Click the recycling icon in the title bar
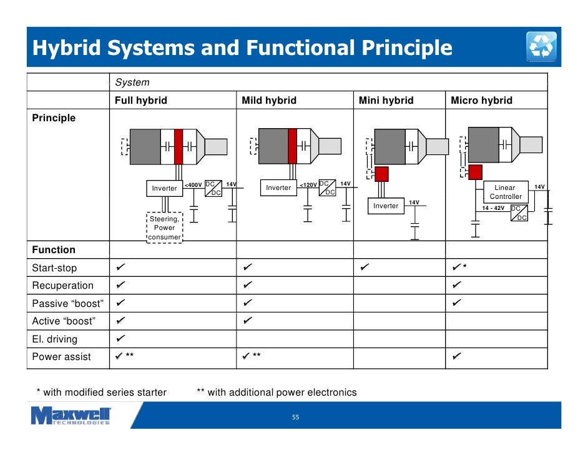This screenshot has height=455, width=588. click(x=541, y=46)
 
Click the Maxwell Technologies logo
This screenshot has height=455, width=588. click(x=71, y=415)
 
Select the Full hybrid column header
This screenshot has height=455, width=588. click(x=140, y=101)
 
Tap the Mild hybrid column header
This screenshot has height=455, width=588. click(x=268, y=101)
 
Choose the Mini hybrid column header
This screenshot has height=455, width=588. click(x=386, y=101)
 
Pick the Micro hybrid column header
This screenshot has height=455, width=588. click(x=481, y=101)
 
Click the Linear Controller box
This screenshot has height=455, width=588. click(x=505, y=192)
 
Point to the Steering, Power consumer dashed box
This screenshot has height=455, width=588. click(x=165, y=228)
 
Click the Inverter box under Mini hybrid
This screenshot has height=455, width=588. click(x=386, y=206)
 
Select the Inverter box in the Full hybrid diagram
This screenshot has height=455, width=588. click(x=165, y=188)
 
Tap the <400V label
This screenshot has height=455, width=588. click(x=194, y=185)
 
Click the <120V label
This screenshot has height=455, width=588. click(x=308, y=185)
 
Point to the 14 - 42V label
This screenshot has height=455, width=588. click(x=493, y=208)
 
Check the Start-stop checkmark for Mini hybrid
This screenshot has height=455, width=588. click(x=365, y=268)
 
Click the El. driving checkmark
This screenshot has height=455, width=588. click(x=120, y=339)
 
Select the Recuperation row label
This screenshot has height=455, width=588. click(x=62, y=286)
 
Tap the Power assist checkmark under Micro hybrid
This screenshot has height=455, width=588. click(x=457, y=357)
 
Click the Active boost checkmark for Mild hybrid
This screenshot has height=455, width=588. click(x=248, y=321)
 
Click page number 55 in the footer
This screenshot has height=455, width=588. click(x=296, y=417)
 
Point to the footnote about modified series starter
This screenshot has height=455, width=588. click(x=102, y=392)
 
